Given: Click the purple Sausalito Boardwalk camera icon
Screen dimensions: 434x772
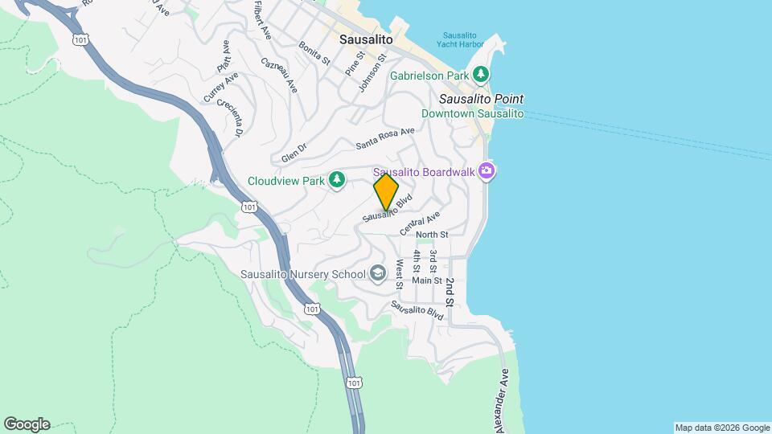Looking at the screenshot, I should point(486,171).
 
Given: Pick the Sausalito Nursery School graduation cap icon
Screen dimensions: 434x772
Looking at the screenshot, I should point(378,274).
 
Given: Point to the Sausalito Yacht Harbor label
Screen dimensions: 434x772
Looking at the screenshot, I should point(463,40).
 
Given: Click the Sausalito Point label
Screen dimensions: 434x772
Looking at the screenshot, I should point(481,99).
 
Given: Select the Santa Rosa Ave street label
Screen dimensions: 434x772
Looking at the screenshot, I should point(385,138).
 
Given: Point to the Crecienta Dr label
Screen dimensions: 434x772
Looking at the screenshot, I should point(233,117).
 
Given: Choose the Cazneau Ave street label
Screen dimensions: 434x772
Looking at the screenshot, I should point(279,74).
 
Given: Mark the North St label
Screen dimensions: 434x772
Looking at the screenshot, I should point(432,234).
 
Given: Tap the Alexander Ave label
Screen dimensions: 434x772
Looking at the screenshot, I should point(503,399).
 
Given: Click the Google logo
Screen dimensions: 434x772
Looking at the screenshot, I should point(27,424).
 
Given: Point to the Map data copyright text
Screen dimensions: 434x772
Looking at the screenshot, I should point(721,428).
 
